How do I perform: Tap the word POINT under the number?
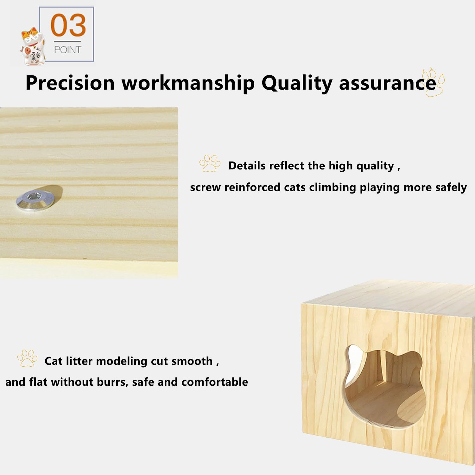coord(67,50)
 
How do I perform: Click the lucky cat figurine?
coord(33,47)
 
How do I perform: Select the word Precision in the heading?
coord(70,83)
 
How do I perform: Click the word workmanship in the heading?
coord(188,83)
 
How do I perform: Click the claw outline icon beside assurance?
coord(434,82)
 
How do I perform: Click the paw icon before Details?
coord(210,163)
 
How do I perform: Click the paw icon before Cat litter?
coord(27,358)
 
